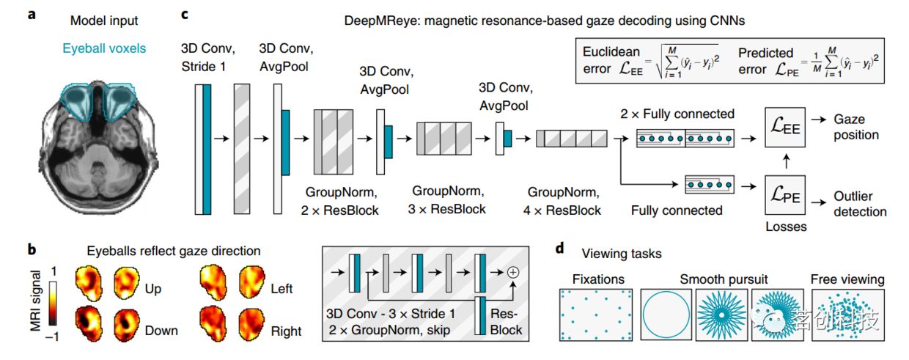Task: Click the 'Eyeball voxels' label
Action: [104, 48]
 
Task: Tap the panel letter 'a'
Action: [32, 15]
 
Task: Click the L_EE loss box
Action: [785, 127]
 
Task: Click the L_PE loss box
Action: [785, 195]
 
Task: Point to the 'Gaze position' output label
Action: [856, 127]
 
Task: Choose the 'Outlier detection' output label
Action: [860, 204]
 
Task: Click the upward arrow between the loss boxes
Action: [787, 161]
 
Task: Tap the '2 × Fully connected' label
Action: [677, 114]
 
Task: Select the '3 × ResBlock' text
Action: [446, 210]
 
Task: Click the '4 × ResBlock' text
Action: [562, 210]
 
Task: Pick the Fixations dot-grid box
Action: [596, 315]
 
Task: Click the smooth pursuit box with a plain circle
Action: [666, 315]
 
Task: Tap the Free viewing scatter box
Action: [847, 315]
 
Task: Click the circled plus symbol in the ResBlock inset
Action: [513, 272]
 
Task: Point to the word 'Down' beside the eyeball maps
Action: [161, 331]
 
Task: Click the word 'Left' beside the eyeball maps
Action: [281, 289]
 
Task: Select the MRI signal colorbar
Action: [53, 303]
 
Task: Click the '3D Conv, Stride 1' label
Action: [207, 57]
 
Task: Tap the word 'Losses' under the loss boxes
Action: [786, 227]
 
